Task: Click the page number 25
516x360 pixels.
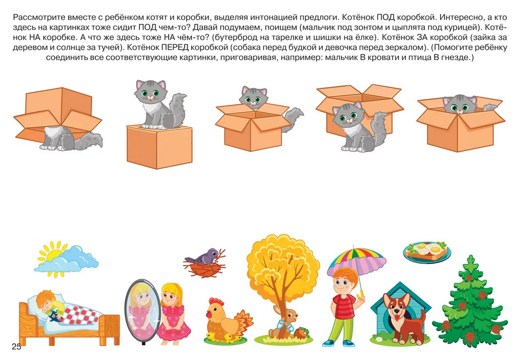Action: tap(16, 347)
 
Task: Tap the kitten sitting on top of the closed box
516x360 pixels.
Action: tap(159, 105)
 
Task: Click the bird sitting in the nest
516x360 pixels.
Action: tap(203, 256)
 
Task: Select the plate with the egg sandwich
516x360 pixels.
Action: tap(427, 252)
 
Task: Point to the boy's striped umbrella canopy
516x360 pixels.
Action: tap(357, 261)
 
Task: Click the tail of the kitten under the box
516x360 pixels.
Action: tap(89, 141)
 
